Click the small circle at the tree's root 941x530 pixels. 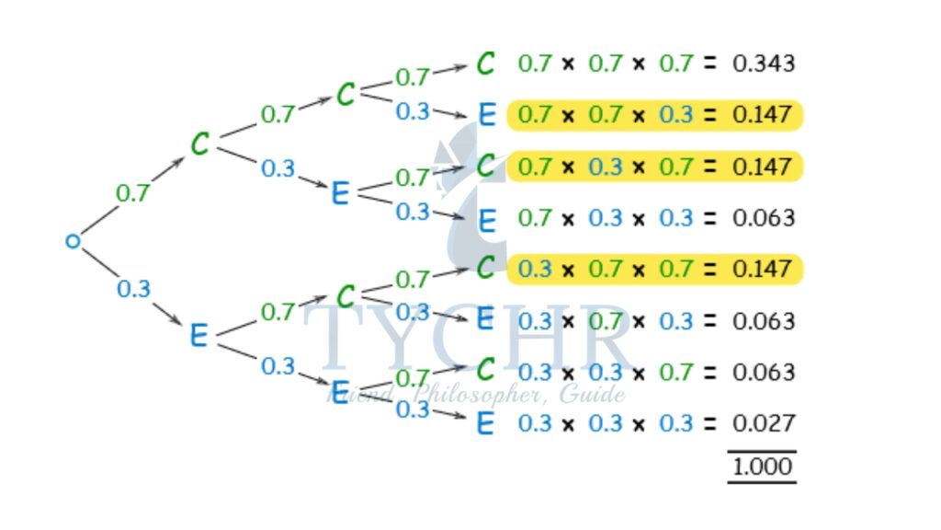point(74,242)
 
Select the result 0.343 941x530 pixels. point(763,63)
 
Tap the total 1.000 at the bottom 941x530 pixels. point(762,467)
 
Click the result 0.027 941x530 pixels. point(763,423)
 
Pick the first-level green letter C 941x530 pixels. point(200,144)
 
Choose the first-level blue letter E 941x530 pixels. point(198,336)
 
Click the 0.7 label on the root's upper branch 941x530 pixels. point(132,193)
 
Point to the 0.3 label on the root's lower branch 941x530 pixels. point(133,289)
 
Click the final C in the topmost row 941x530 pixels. point(486,63)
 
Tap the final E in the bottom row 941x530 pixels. point(486,423)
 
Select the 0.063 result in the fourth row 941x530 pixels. point(763,218)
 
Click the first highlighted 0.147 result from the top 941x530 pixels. point(763,115)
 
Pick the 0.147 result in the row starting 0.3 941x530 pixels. point(763,269)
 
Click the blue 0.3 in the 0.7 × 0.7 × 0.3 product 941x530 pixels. point(675,115)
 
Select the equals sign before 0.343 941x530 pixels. point(709,63)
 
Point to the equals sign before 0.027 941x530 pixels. point(709,423)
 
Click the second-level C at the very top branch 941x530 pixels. point(346,94)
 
